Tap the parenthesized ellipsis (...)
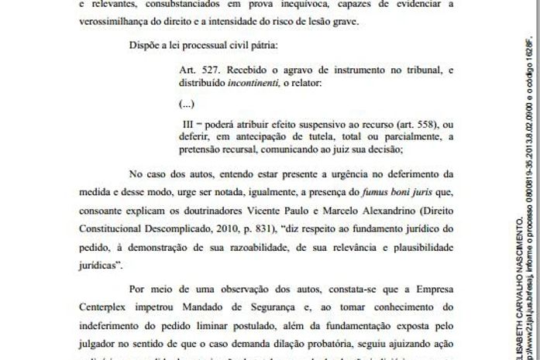point(186,103)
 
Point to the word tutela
point(311,139)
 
